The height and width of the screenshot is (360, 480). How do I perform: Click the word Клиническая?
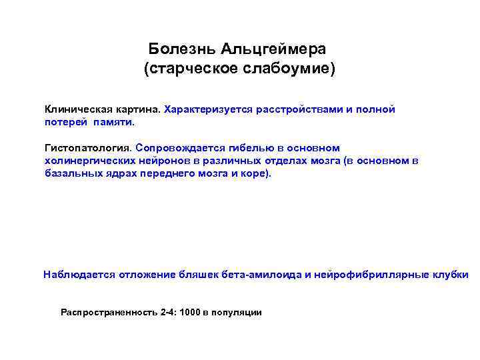(x=75, y=109)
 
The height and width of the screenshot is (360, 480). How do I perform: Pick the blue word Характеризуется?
(x=205, y=109)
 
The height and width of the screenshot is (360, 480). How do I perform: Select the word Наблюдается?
(x=79, y=274)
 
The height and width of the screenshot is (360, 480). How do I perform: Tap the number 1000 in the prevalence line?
(x=189, y=312)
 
